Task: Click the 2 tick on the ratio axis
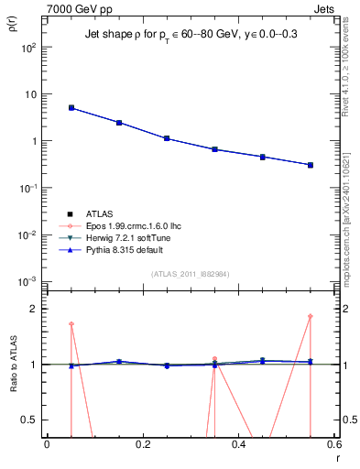pos(35,309)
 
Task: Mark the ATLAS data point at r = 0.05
pos(71,108)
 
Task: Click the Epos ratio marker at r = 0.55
pos(311,317)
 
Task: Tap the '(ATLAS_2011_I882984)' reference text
pos(190,274)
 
